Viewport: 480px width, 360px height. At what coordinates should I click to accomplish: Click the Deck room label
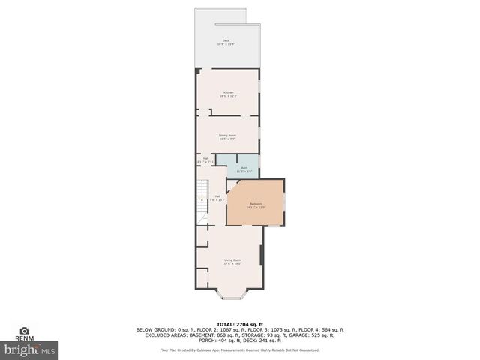tap(226, 42)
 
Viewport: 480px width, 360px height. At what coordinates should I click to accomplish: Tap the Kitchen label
tap(228, 94)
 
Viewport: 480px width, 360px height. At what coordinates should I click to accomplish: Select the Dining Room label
tap(228, 137)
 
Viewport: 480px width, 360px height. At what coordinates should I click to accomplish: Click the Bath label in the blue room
tap(244, 170)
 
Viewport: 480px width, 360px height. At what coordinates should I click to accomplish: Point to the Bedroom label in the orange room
tap(256, 205)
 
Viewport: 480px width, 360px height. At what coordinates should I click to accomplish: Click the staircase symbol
tap(201, 200)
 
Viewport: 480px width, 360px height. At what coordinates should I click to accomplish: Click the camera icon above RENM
tap(25, 330)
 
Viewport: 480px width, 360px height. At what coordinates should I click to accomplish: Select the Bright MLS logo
tap(30, 349)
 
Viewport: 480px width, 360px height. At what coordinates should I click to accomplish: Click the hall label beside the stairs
tap(217, 198)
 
